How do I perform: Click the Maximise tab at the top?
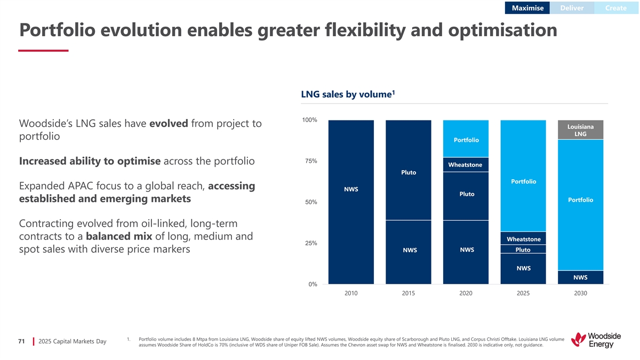[x=527, y=8]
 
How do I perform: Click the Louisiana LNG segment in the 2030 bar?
[x=580, y=130]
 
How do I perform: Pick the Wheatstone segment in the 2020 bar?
[x=465, y=164]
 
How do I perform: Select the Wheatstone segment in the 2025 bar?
[x=523, y=239]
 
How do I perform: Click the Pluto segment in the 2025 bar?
[x=523, y=250]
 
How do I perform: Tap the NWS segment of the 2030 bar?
[x=580, y=277]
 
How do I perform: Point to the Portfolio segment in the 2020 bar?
[x=466, y=139]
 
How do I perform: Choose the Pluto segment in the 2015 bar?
[x=408, y=172]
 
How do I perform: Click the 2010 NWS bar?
[x=351, y=202]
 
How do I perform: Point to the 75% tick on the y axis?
[x=310, y=161]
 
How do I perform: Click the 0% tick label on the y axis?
[x=313, y=284]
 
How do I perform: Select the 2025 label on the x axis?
[x=523, y=293]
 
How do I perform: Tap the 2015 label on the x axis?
[x=408, y=293]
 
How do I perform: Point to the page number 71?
[x=21, y=341]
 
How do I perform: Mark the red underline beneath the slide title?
[x=43, y=51]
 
